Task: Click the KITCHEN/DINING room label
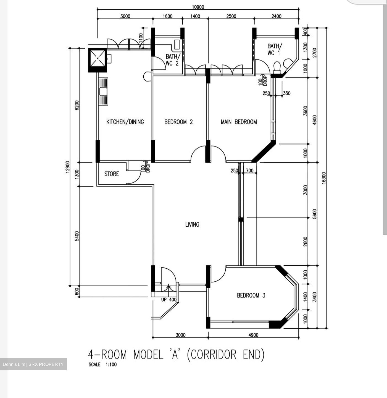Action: pyautogui.click(x=125, y=122)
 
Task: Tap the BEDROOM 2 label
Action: pyautogui.click(x=178, y=122)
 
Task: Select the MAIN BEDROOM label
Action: pyautogui.click(x=239, y=122)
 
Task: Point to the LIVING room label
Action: pyautogui.click(x=192, y=224)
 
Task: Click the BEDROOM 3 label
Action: pyautogui.click(x=251, y=295)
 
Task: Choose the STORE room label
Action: pyautogui.click(x=112, y=174)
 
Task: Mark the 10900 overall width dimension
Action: pyautogui.click(x=198, y=7)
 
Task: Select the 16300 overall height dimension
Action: pyautogui.click(x=324, y=177)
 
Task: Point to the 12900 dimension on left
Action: pyautogui.click(x=68, y=167)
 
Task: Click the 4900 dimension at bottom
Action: pyautogui.click(x=253, y=335)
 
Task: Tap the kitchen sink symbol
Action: pyautogui.click(x=103, y=91)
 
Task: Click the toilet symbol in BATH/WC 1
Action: pyautogui.click(x=277, y=67)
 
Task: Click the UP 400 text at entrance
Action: pyautogui.click(x=169, y=300)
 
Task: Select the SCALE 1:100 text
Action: pyautogui.click(x=102, y=364)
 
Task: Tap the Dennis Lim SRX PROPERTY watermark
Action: pyautogui.click(x=33, y=364)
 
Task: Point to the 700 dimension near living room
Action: pyautogui.click(x=249, y=171)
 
